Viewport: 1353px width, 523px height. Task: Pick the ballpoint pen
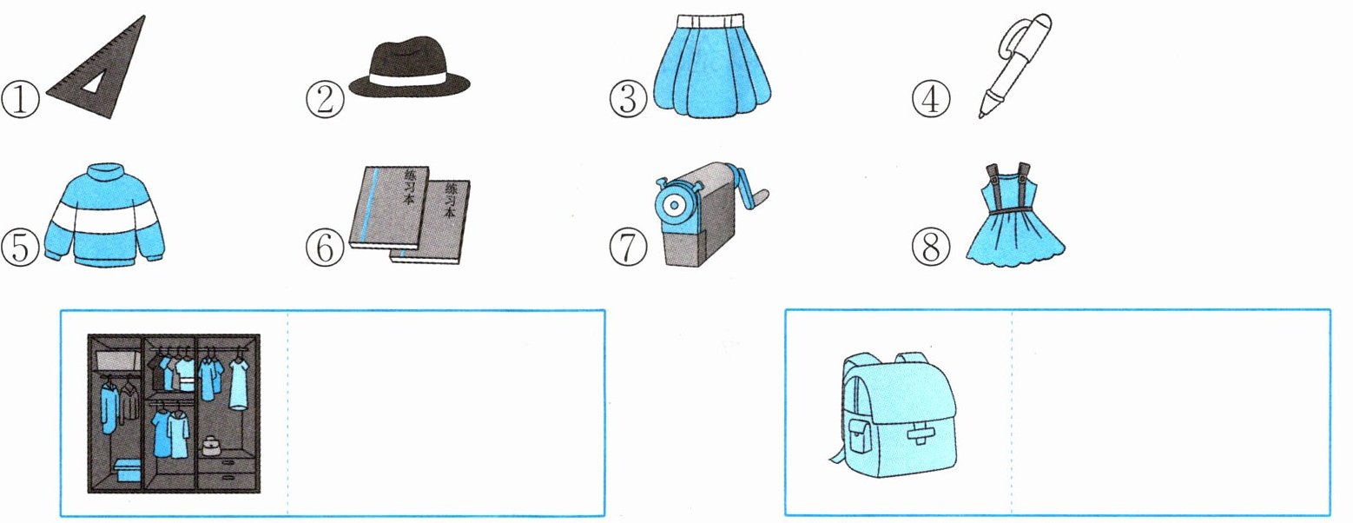[1014, 65]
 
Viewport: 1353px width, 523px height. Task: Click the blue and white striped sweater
[104, 215]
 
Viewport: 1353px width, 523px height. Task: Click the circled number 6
[325, 248]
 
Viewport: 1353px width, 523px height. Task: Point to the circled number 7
[628, 248]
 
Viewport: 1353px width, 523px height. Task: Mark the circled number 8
[931, 248]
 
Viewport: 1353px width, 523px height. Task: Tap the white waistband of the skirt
[713, 20]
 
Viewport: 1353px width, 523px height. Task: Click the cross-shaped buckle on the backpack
[921, 434]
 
